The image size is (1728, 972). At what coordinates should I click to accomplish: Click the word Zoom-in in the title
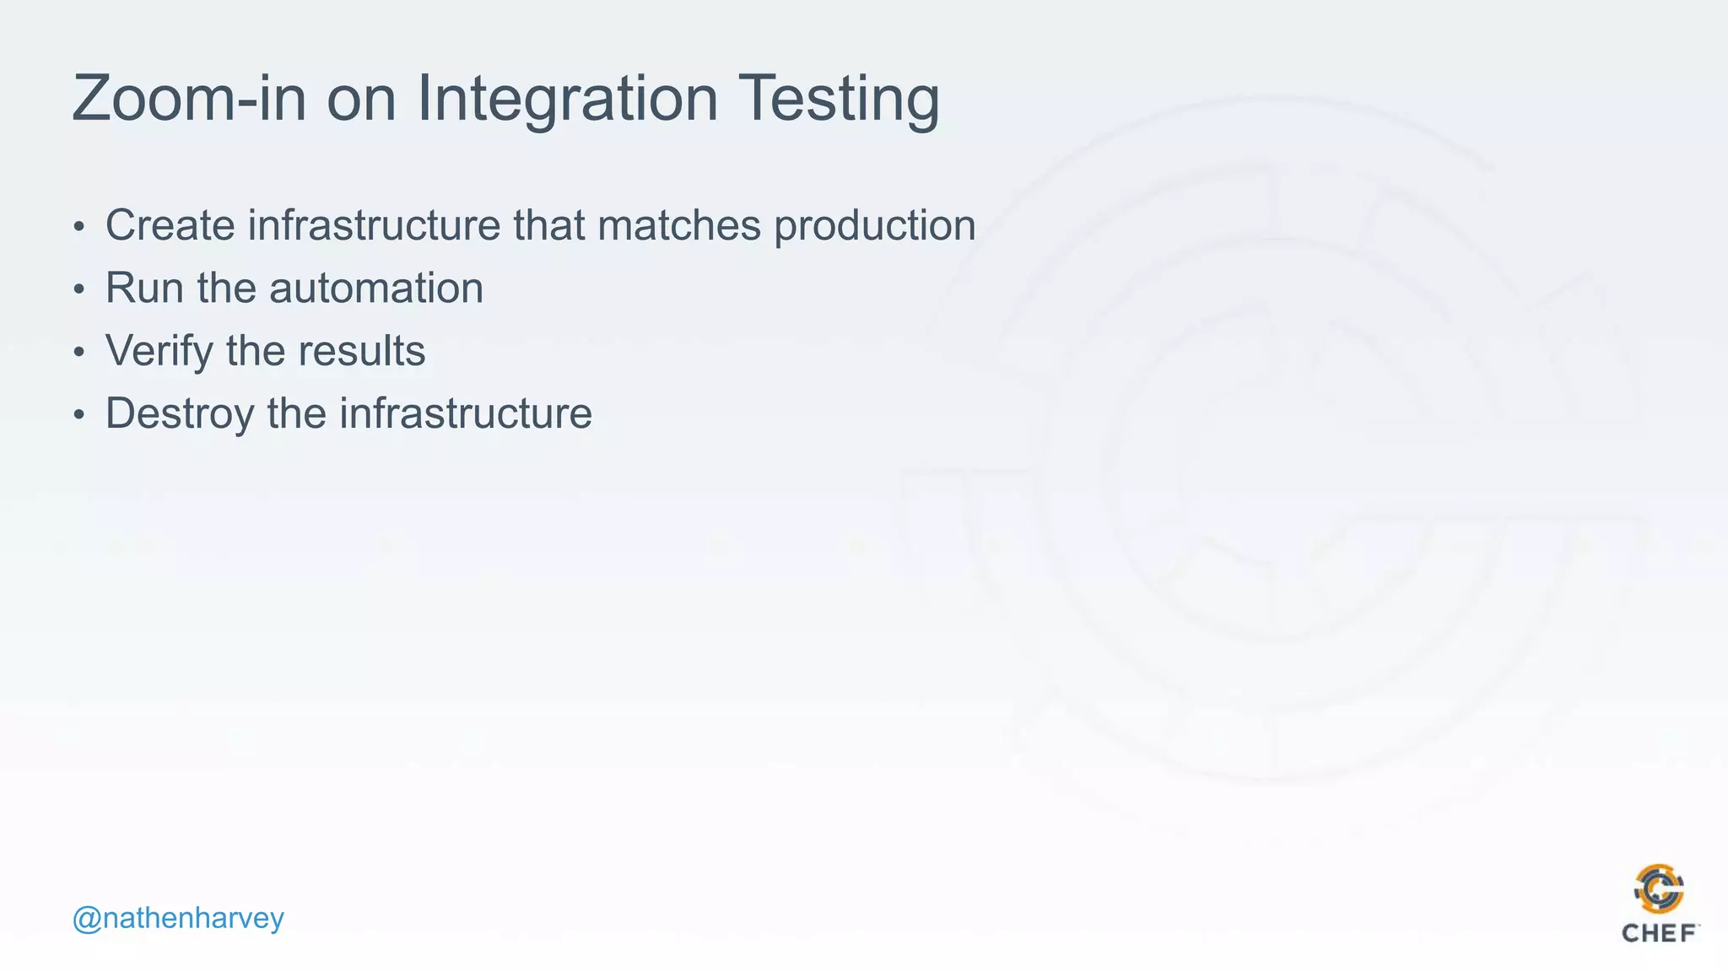click(x=188, y=99)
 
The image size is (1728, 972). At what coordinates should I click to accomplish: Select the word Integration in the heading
click(x=567, y=99)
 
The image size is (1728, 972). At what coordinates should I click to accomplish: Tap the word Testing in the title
click(x=839, y=99)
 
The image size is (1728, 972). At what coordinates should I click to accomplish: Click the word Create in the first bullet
click(x=170, y=225)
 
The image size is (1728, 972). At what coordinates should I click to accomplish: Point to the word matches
click(x=679, y=225)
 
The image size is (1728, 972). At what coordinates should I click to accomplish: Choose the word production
click(x=875, y=225)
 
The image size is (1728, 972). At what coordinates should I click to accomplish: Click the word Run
click(x=144, y=288)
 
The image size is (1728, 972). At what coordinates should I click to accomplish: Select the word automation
click(x=376, y=288)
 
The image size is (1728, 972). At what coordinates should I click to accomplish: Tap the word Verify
click(x=159, y=351)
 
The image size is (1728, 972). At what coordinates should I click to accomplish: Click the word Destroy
click(x=180, y=413)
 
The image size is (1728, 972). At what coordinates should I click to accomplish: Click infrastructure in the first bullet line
click(x=374, y=225)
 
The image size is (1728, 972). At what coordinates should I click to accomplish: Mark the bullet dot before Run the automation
click(x=78, y=289)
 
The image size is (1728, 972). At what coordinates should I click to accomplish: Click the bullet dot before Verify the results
click(x=78, y=352)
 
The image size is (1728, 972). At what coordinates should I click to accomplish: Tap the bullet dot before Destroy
click(x=78, y=415)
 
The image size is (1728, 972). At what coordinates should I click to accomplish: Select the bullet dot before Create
click(x=78, y=226)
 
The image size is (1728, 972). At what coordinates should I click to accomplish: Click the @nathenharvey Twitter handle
click(x=178, y=918)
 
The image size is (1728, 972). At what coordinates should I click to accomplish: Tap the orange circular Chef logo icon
click(x=1659, y=889)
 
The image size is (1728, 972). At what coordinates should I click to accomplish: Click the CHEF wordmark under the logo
click(x=1659, y=933)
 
